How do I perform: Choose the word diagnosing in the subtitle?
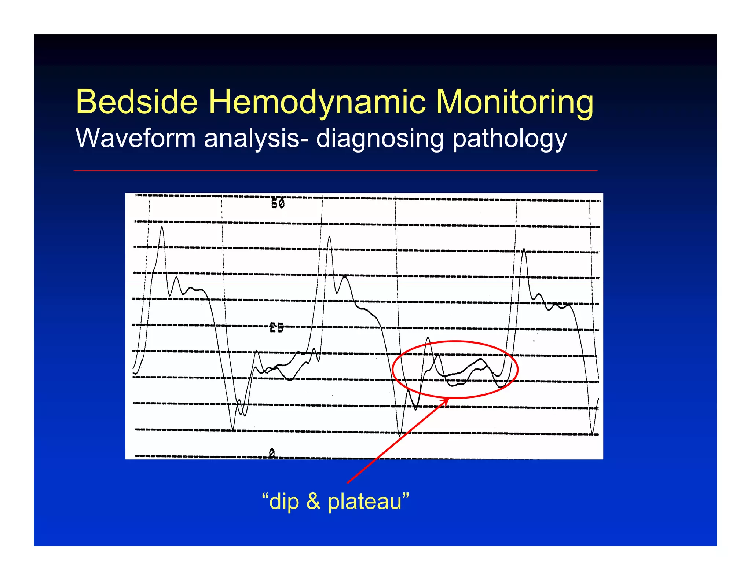[x=380, y=139]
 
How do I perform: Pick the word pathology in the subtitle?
[x=510, y=139]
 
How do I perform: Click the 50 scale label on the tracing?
[x=278, y=203]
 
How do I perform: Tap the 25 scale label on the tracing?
[x=276, y=327]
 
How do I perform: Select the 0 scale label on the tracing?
[x=272, y=454]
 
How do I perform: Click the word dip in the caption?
[x=284, y=501]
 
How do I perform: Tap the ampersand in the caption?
[x=313, y=501]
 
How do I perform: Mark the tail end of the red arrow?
[x=348, y=483]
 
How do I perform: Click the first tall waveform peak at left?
[x=162, y=227]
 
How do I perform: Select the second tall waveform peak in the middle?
[x=329, y=237]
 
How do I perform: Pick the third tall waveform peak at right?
[x=524, y=249]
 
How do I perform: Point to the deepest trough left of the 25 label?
[x=233, y=430]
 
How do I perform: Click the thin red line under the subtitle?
[x=335, y=170]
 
